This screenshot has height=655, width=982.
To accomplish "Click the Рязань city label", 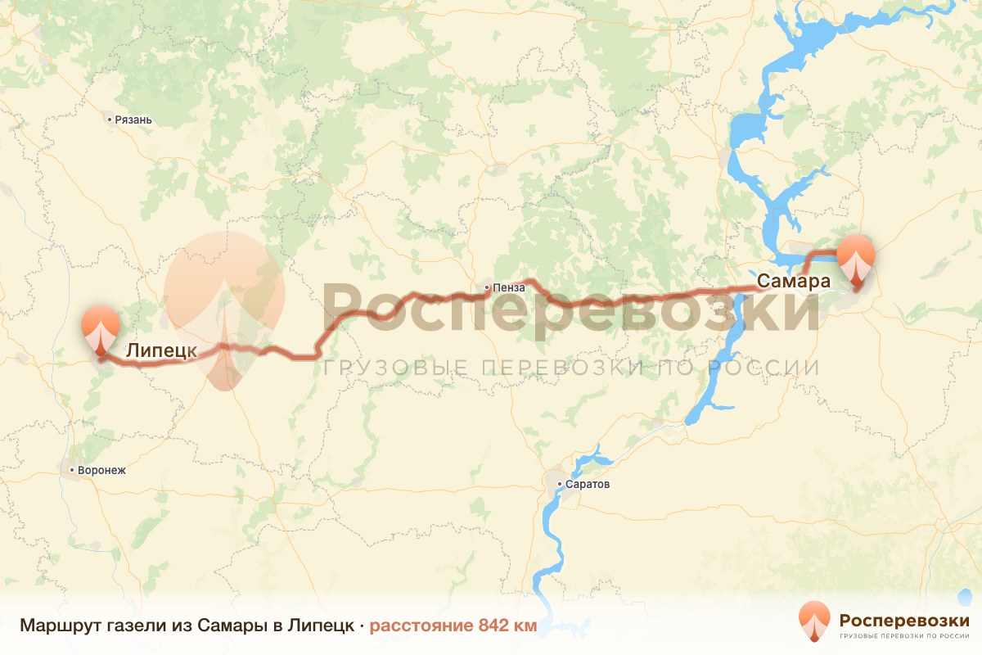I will click(133, 120).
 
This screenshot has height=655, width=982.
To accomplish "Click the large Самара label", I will click(794, 281).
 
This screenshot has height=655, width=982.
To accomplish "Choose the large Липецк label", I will click(162, 351).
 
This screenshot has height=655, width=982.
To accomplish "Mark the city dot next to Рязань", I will click(110, 120).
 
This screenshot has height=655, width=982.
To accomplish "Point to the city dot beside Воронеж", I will click(73, 471).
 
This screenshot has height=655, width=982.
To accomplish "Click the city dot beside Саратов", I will click(560, 485).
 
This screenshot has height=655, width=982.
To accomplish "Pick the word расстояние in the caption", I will click(420, 626).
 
